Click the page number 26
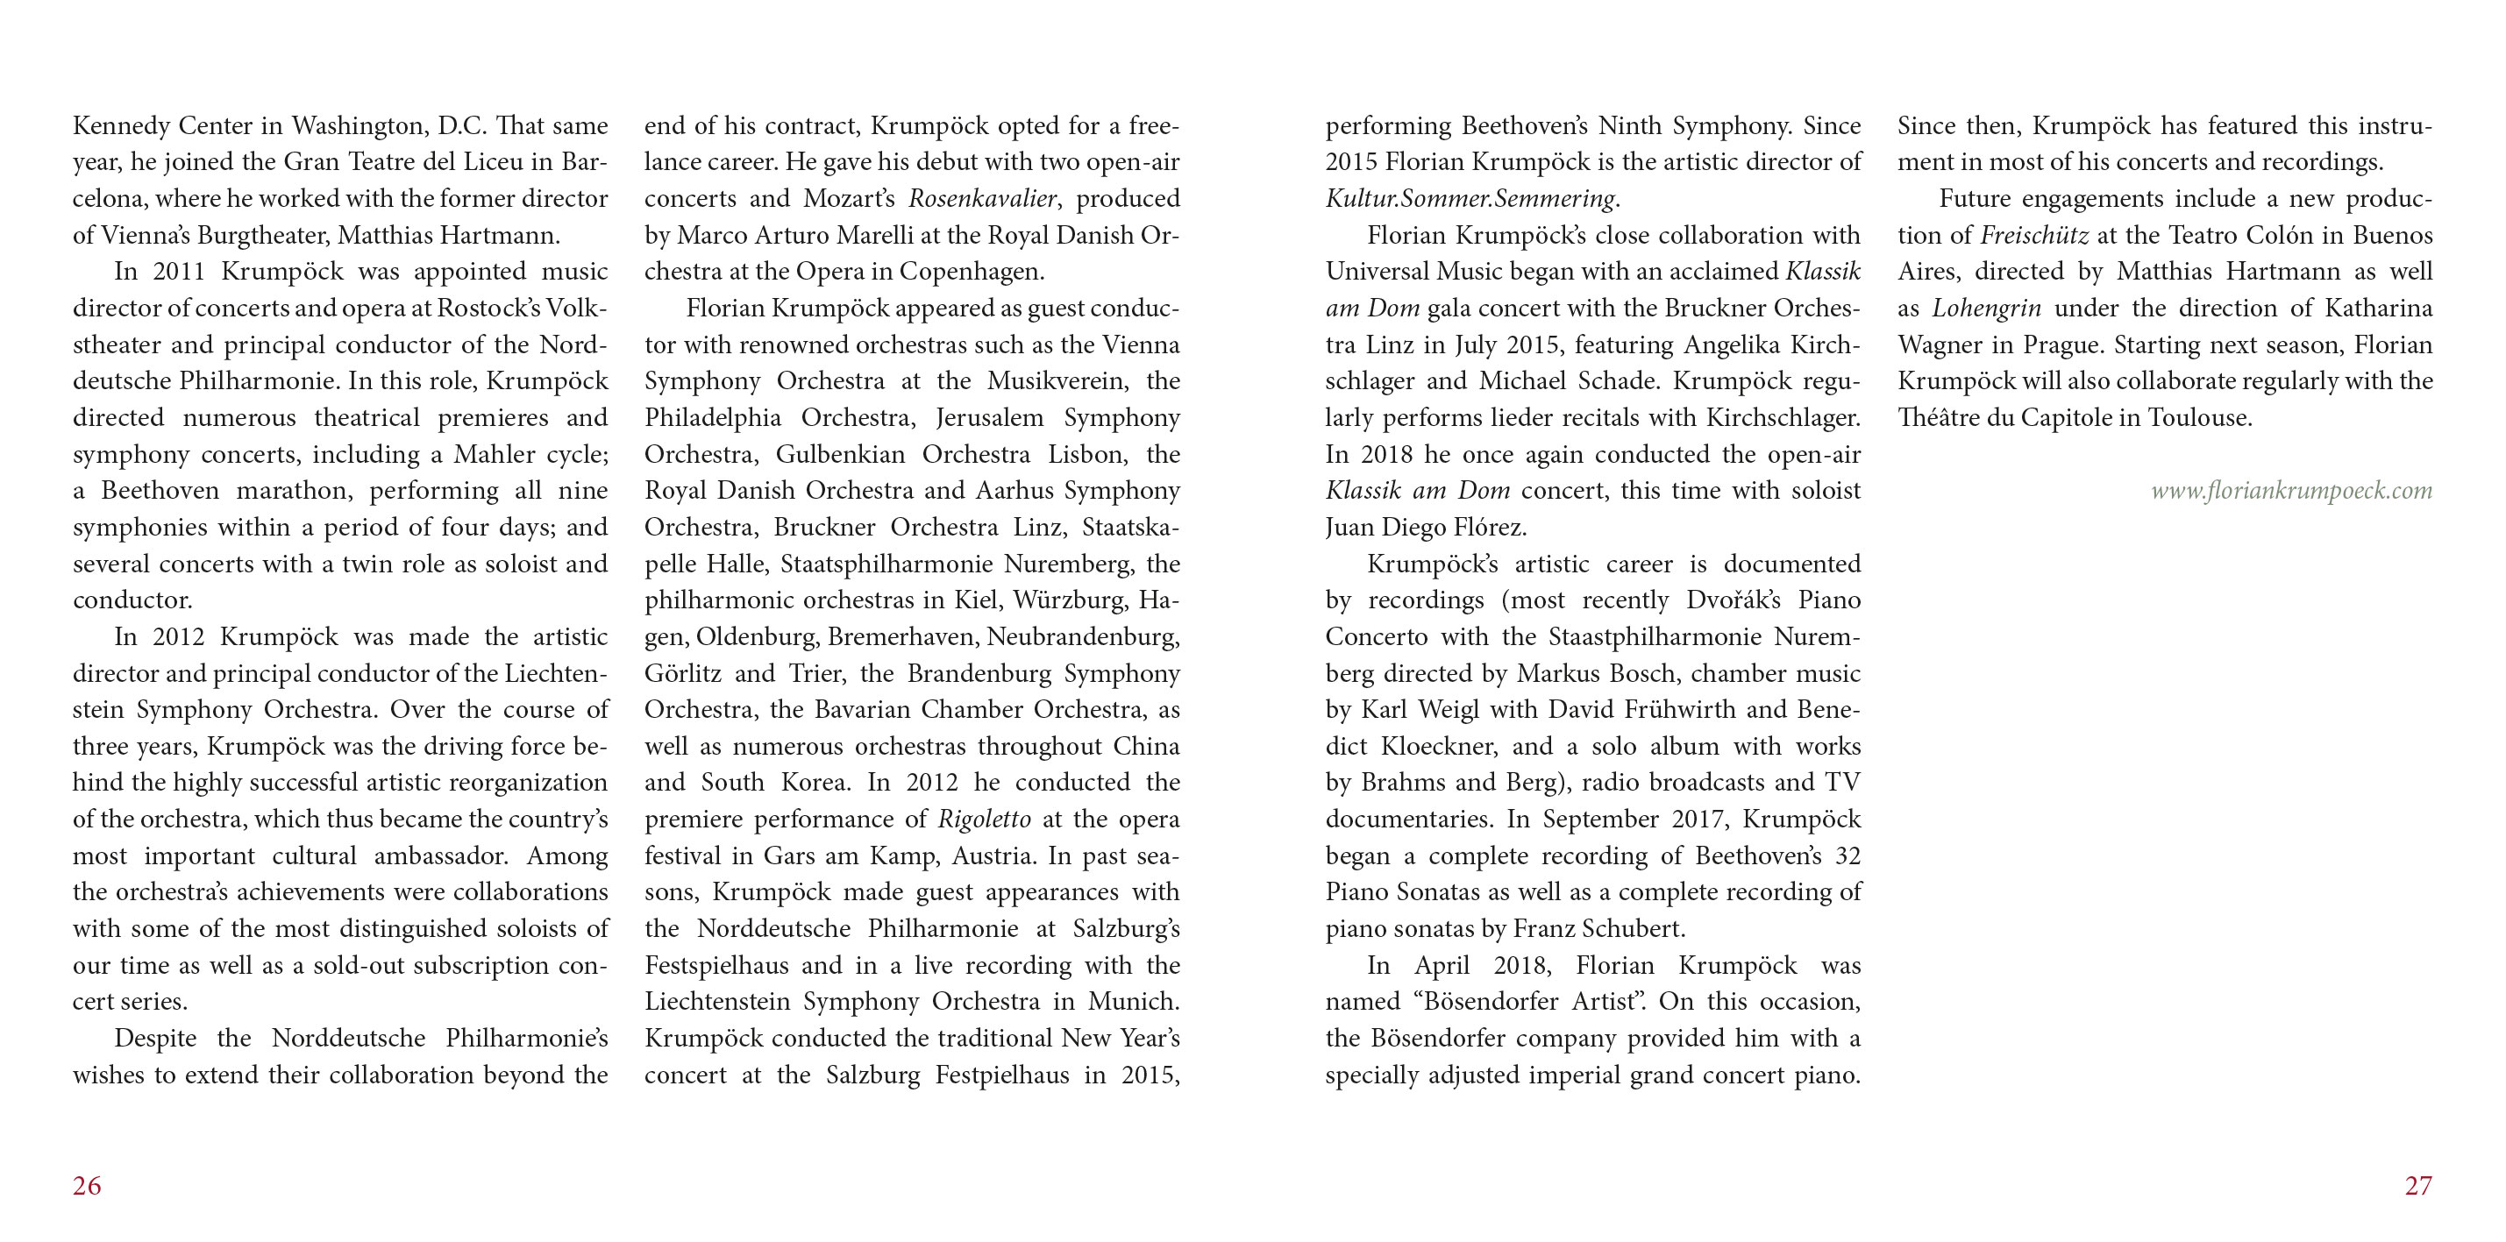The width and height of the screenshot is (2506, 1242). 87,1186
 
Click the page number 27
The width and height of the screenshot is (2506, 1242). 2418,1186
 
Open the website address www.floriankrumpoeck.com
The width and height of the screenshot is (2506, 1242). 2291,491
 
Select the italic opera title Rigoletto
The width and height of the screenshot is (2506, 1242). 984,820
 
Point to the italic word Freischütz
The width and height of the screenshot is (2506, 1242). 2034,236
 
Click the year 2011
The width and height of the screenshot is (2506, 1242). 178,273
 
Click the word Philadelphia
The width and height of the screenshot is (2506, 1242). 712,418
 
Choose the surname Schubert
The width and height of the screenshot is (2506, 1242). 1634,929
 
